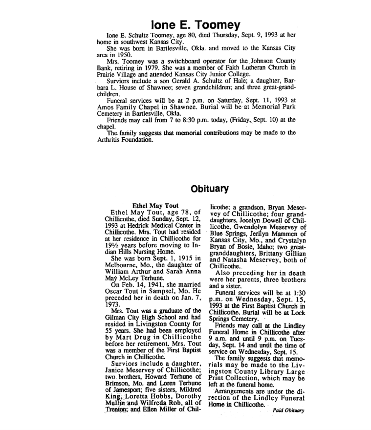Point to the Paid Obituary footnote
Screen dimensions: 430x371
pyautogui.click(x=288, y=410)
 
